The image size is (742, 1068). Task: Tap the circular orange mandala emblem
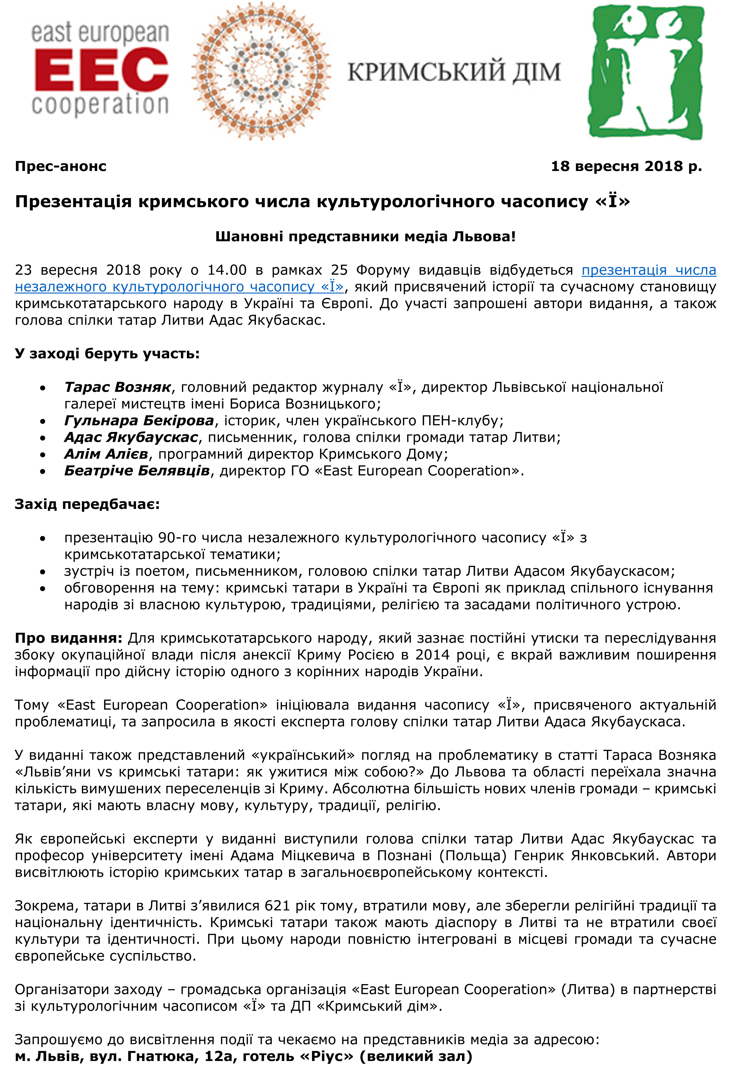(x=261, y=71)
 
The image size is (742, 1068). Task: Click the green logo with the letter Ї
(x=647, y=72)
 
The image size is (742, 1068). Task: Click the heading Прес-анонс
(x=61, y=166)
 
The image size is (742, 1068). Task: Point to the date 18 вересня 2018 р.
(x=626, y=166)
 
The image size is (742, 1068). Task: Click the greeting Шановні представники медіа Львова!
(x=366, y=237)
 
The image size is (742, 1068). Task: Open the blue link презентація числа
(x=649, y=270)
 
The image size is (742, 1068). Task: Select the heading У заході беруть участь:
(x=107, y=354)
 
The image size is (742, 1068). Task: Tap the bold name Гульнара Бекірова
(x=139, y=421)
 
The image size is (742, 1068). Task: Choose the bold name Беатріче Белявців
(x=137, y=471)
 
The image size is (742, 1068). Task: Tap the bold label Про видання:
(x=68, y=638)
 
